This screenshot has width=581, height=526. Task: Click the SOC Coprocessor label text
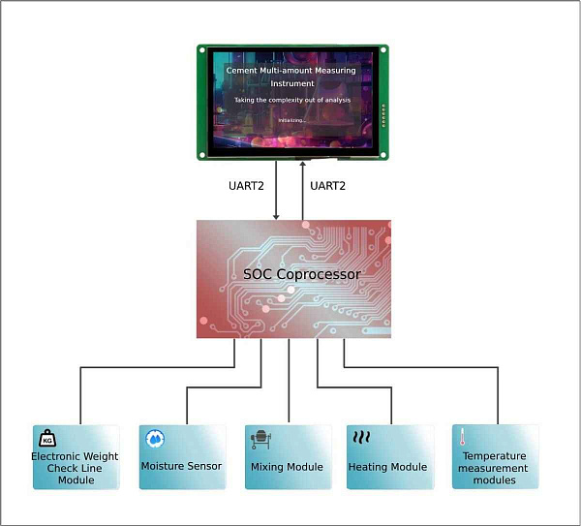pyautogui.click(x=301, y=274)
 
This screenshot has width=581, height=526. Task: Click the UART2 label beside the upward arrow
pyautogui.click(x=329, y=185)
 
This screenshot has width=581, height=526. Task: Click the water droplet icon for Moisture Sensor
pyautogui.click(x=154, y=438)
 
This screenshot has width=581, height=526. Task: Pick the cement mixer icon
pyautogui.click(x=260, y=438)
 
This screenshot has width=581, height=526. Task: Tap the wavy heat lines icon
pyautogui.click(x=361, y=437)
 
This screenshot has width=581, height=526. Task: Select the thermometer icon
pyautogui.click(x=463, y=437)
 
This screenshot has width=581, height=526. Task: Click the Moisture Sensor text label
pyautogui.click(x=181, y=466)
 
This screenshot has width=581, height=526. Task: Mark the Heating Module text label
pyautogui.click(x=387, y=467)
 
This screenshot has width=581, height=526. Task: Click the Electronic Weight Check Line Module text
pyautogui.click(x=76, y=468)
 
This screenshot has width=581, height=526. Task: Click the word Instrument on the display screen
pyautogui.click(x=291, y=83)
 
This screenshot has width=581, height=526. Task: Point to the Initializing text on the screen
pyautogui.click(x=291, y=120)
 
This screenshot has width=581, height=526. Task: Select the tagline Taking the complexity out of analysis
pyautogui.click(x=291, y=100)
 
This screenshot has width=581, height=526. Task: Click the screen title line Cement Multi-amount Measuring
pyautogui.click(x=290, y=70)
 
